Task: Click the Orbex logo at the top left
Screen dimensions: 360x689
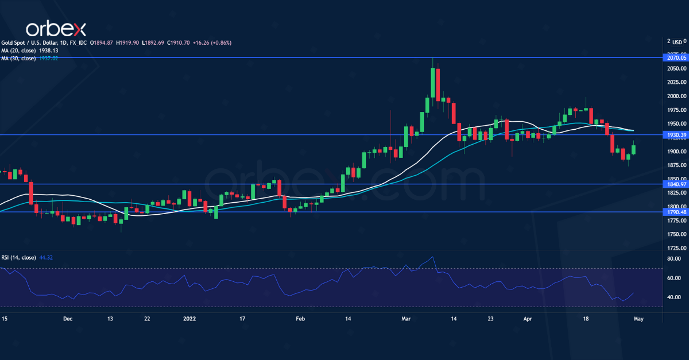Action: click(x=55, y=29)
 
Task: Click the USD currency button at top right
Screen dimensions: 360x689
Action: click(x=678, y=42)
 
